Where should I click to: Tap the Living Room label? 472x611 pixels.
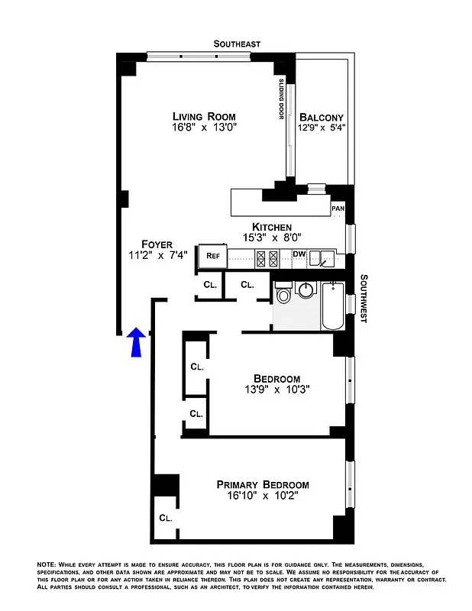pyautogui.click(x=203, y=116)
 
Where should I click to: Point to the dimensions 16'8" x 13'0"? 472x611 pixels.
pyautogui.click(x=203, y=129)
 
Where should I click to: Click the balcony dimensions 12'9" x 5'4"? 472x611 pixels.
pyautogui.click(x=322, y=128)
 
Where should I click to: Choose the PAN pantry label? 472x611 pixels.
pyautogui.click(x=338, y=208)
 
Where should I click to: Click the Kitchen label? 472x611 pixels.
pyautogui.click(x=262, y=228)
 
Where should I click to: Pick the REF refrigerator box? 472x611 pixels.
pyautogui.click(x=212, y=256)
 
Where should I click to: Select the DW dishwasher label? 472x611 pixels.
pyautogui.click(x=299, y=254)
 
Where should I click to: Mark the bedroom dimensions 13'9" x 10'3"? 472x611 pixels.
pyautogui.click(x=276, y=390)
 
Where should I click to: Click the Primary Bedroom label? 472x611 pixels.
pyautogui.click(x=262, y=484)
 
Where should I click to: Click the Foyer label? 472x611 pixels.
pyautogui.click(x=157, y=244)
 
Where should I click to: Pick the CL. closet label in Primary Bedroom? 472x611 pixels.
pyautogui.click(x=166, y=518)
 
